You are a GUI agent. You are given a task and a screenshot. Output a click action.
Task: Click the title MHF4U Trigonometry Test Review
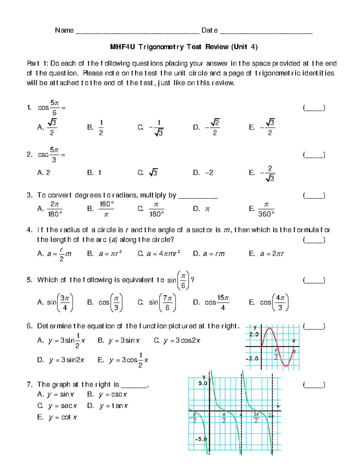184,47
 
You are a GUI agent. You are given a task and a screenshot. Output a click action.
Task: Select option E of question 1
262,128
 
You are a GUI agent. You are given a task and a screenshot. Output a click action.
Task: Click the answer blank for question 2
314,155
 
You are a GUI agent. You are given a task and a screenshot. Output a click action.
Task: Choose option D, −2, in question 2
203,173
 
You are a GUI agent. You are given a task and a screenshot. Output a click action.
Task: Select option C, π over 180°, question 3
151,209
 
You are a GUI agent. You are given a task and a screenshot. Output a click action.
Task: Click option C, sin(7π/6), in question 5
157,302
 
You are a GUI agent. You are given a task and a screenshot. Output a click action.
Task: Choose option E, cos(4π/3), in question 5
269,302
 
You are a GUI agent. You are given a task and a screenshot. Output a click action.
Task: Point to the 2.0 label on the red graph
254,334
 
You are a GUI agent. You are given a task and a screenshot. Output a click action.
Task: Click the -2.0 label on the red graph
252,359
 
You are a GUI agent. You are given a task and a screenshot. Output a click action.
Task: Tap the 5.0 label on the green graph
203,383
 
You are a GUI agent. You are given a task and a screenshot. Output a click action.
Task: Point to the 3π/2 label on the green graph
256,417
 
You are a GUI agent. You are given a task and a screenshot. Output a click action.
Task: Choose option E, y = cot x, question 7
57,417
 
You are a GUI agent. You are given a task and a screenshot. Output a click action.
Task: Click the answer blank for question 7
314,385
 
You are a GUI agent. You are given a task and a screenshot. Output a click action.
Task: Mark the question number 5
29,280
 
